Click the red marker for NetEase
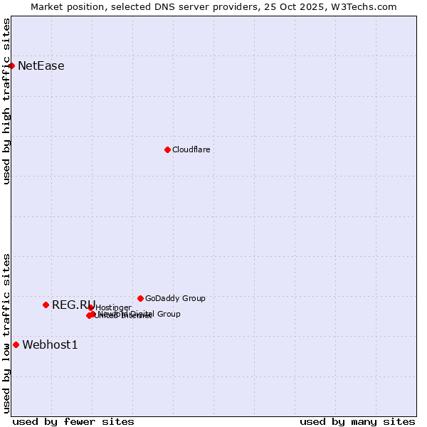11,65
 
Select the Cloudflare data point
167,149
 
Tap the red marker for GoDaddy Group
140,298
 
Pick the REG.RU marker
46,305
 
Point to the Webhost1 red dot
16,344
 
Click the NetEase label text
41,66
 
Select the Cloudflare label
191,149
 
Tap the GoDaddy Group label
175,298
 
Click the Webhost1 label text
50,345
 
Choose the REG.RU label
73,305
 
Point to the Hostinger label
113,307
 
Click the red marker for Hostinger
91,307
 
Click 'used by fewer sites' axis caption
73,421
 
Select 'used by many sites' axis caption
357,421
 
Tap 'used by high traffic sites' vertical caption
6,101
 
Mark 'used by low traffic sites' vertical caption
6,332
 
